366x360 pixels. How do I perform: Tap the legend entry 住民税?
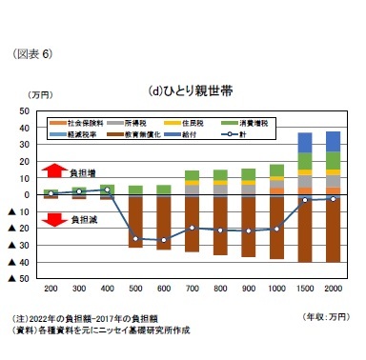click(x=208, y=123)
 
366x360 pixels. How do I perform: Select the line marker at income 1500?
click(x=305, y=200)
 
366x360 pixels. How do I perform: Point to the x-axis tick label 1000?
click(x=276, y=287)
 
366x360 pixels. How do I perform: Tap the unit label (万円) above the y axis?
click(x=41, y=95)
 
